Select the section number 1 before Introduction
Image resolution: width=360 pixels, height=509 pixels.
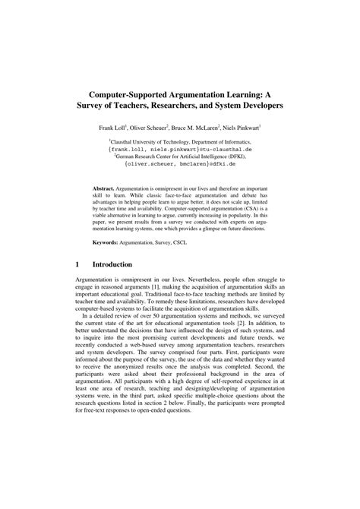(x=78, y=264)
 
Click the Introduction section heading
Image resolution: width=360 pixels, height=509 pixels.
(x=112, y=264)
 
